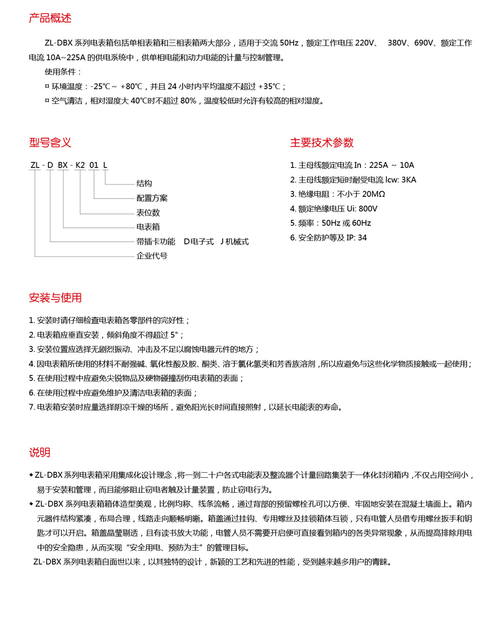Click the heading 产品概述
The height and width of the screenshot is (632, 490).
50,18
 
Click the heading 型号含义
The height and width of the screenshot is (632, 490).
50,142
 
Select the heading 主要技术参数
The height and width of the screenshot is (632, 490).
322,142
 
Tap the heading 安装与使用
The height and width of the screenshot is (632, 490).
55,297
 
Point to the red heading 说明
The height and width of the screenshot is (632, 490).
40,452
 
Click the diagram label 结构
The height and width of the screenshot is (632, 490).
144,184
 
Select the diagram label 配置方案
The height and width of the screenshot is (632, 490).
152,198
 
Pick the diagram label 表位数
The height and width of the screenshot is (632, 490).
148,212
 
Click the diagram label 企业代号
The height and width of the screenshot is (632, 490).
152,256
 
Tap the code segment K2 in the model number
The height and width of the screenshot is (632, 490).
80,165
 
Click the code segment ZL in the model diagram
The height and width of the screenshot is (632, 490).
35,165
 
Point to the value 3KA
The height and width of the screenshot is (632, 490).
409,179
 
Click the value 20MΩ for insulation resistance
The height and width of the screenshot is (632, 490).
373,194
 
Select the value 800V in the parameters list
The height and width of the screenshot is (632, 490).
368,208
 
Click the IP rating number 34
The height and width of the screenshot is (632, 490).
362,238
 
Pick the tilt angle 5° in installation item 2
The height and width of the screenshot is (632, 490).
174,335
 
